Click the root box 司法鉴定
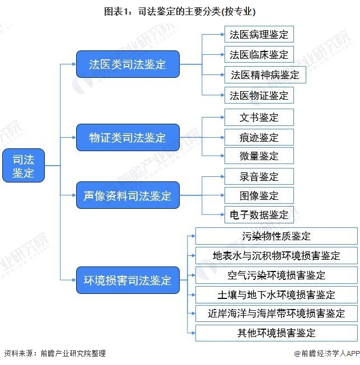pyautogui.click(x=23, y=166)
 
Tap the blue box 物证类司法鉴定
pyautogui.click(x=128, y=138)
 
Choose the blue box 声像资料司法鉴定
pyautogui.click(x=128, y=195)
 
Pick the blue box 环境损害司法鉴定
pyautogui.click(x=128, y=280)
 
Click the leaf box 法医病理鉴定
pyautogui.click(x=259, y=34)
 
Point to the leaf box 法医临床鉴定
pyautogui.click(x=259, y=54)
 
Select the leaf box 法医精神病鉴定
pyautogui.click(x=265, y=74)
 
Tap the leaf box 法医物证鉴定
pyautogui.click(x=259, y=95)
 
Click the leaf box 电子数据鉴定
pyautogui.click(x=259, y=214)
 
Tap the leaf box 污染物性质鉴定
pyautogui.click(x=276, y=236)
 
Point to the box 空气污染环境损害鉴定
pyautogui.click(x=276, y=275)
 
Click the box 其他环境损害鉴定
pyautogui.click(x=276, y=333)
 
